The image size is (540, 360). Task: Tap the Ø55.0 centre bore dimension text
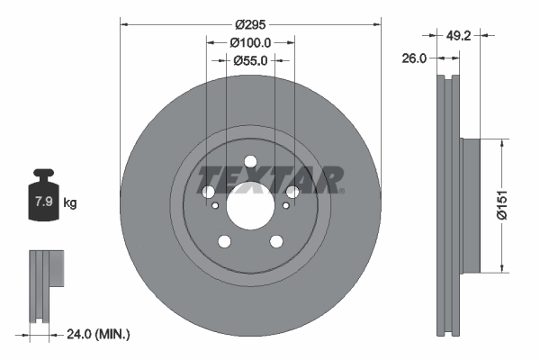[x=249, y=61]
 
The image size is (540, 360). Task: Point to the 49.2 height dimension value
[x=459, y=37]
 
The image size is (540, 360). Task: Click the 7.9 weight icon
[x=41, y=200]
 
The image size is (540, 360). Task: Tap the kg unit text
[x=70, y=203]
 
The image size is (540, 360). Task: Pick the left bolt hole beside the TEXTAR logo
[x=208, y=193]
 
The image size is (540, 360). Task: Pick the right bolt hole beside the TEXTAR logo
[x=292, y=193]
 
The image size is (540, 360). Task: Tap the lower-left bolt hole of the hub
[x=224, y=241]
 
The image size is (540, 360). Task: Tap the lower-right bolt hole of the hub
[x=275, y=241]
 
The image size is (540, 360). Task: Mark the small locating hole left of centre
[x=214, y=206]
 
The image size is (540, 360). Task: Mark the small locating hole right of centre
[x=285, y=206]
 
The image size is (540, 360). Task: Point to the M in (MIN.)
[x=104, y=335]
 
